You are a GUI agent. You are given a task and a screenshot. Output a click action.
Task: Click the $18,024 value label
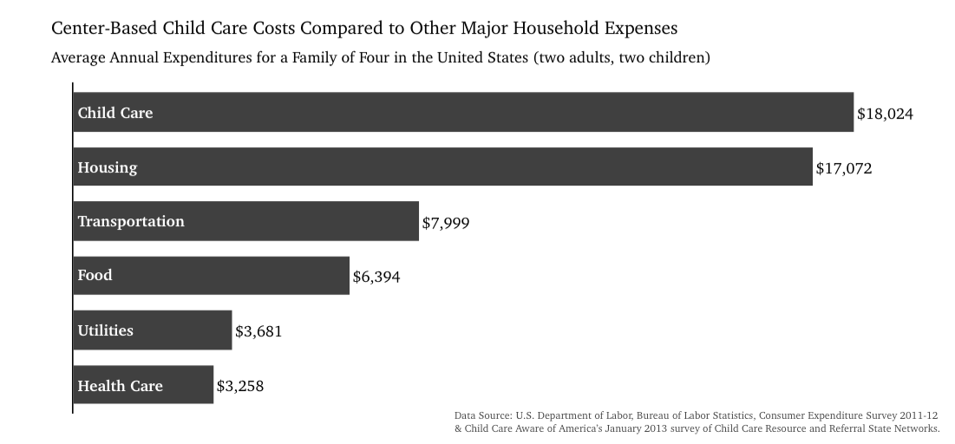pyautogui.click(x=885, y=114)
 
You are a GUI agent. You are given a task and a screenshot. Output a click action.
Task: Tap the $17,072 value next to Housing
pyautogui.click(x=844, y=168)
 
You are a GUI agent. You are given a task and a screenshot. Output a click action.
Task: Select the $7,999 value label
pyautogui.click(x=446, y=223)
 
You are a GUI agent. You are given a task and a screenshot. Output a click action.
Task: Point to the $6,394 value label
pyautogui.click(x=376, y=277)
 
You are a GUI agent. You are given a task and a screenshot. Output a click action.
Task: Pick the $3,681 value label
pyautogui.click(x=258, y=331)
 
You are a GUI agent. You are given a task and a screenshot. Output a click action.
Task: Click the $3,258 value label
pyautogui.click(x=240, y=386)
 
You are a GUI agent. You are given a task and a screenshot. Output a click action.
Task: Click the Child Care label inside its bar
pyautogui.click(x=115, y=113)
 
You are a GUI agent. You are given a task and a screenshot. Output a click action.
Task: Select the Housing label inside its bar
pyautogui.click(x=108, y=168)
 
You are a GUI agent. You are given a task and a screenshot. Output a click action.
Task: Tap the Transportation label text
pyautogui.click(x=131, y=222)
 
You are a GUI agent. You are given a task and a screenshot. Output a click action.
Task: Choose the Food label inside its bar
pyautogui.click(x=95, y=275)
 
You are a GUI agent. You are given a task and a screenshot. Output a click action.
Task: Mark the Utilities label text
pyautogui.click(x=105, y=330)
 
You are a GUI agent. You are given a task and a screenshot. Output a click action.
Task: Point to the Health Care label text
pyautogui.click(x=120, y=386)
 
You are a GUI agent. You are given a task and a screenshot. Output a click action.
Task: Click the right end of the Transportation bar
pyautogui.click(x=418, y=221)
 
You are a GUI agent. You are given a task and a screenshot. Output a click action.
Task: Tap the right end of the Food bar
pyautogui.click(x=349, y=275)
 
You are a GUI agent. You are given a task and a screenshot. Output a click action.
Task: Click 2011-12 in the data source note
pyautogui.click(x=919, y=415)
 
